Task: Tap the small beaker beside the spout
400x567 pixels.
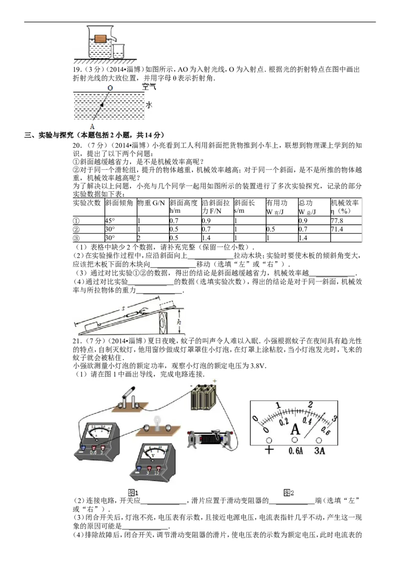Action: click(118, 51)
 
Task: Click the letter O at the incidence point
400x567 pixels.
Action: click(110, 88)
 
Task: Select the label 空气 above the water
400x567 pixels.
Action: click(148, 87)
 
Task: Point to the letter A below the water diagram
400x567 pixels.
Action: click(92, 127)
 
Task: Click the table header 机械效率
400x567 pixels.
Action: click(345, 203)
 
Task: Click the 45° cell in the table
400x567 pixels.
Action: click(110, 220)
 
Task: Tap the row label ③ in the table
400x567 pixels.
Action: click(76, 238)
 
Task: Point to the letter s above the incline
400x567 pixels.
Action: click(123, 309)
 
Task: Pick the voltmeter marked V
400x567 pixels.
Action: click(153, 461)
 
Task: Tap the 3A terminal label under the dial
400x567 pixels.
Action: click(319, 451)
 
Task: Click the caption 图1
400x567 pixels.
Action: click(133, 492)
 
